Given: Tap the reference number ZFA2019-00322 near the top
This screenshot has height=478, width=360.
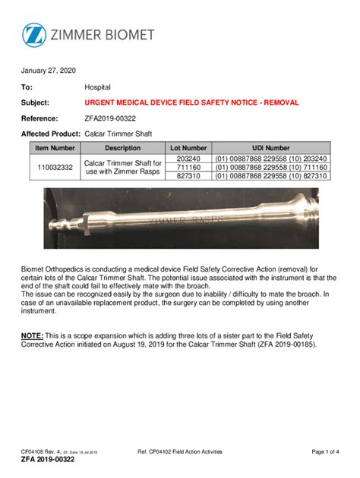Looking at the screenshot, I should tap(110, 118).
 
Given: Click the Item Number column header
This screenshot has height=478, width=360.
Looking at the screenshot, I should tap(55, 148).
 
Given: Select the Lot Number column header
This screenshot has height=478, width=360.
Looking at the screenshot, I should tap(188, 148).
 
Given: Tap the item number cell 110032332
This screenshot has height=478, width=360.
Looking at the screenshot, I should tap(55, 167).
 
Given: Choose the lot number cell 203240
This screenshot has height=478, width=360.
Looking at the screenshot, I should tap(188, 158).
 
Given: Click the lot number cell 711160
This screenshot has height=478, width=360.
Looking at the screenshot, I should tap(188, 167).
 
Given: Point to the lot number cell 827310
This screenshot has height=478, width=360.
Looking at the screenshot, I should tap(188, 176).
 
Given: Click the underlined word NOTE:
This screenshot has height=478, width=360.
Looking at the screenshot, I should tap(32, 335).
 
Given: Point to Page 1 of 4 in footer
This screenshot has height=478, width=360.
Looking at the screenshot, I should tap(325, 452).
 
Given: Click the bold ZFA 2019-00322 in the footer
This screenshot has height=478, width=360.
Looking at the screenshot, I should tap(47, 461).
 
